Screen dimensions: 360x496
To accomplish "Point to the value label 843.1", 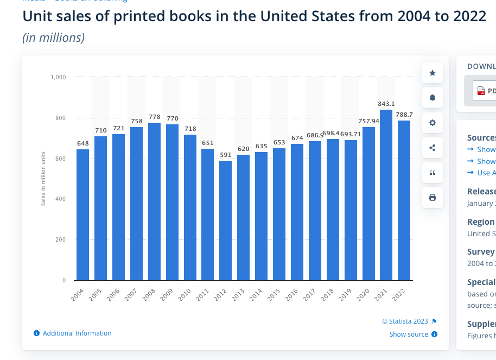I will [386, 104].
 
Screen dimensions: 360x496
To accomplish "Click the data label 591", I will [225, 154].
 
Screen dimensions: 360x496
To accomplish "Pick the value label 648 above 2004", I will [82, 143].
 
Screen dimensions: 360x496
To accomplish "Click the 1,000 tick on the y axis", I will [58, 77].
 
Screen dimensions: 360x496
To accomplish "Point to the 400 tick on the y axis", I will [60, 199].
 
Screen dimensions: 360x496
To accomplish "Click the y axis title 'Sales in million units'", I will [43, 179].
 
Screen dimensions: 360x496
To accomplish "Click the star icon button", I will [433, 73].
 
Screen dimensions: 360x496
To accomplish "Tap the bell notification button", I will [433, 98].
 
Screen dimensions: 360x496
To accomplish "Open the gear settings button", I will [433, 123].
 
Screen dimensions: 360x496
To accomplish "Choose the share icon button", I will [433, 148].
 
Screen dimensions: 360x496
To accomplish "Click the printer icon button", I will [433, 198].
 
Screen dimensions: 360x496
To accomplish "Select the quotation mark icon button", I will [433, 173].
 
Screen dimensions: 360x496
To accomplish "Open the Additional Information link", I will [77, 333].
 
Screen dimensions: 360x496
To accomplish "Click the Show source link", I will [409, 334].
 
